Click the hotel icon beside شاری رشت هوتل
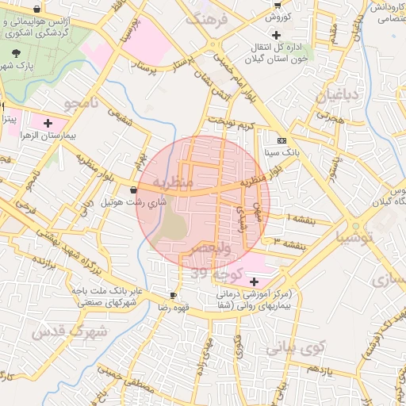point(132,190)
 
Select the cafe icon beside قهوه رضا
point(174,295)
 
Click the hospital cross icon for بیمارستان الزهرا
point(48,123)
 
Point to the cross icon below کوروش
point(276,35)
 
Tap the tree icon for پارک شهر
point(17,52)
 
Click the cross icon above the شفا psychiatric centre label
point(254,282)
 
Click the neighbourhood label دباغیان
point(339,96)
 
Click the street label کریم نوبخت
point(231,124)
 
